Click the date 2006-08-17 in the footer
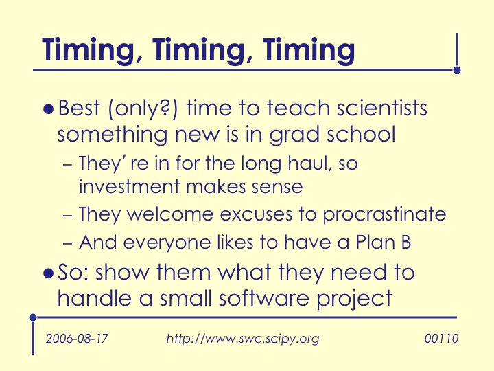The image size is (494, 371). coord(77,339)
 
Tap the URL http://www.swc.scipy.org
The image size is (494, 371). coord(243,339)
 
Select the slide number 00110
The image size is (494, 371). coord(441,339)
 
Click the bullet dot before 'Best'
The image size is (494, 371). coord(48,109)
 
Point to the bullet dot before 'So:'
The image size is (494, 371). coord(48,273)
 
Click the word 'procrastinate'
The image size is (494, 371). coord(384,215)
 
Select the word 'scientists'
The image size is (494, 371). coord(382,108)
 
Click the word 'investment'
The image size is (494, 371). coord(129,186)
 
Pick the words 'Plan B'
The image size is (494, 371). coord(383,243)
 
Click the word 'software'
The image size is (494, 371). coord(264,297)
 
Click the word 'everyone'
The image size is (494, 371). coord(167,243)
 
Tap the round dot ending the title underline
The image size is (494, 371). coord(457,70)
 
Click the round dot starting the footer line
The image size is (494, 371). coord(33,317)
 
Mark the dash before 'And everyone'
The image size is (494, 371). coord(68,244)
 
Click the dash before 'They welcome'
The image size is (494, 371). coord(68,216)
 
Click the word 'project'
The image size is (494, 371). coord(354,300)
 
